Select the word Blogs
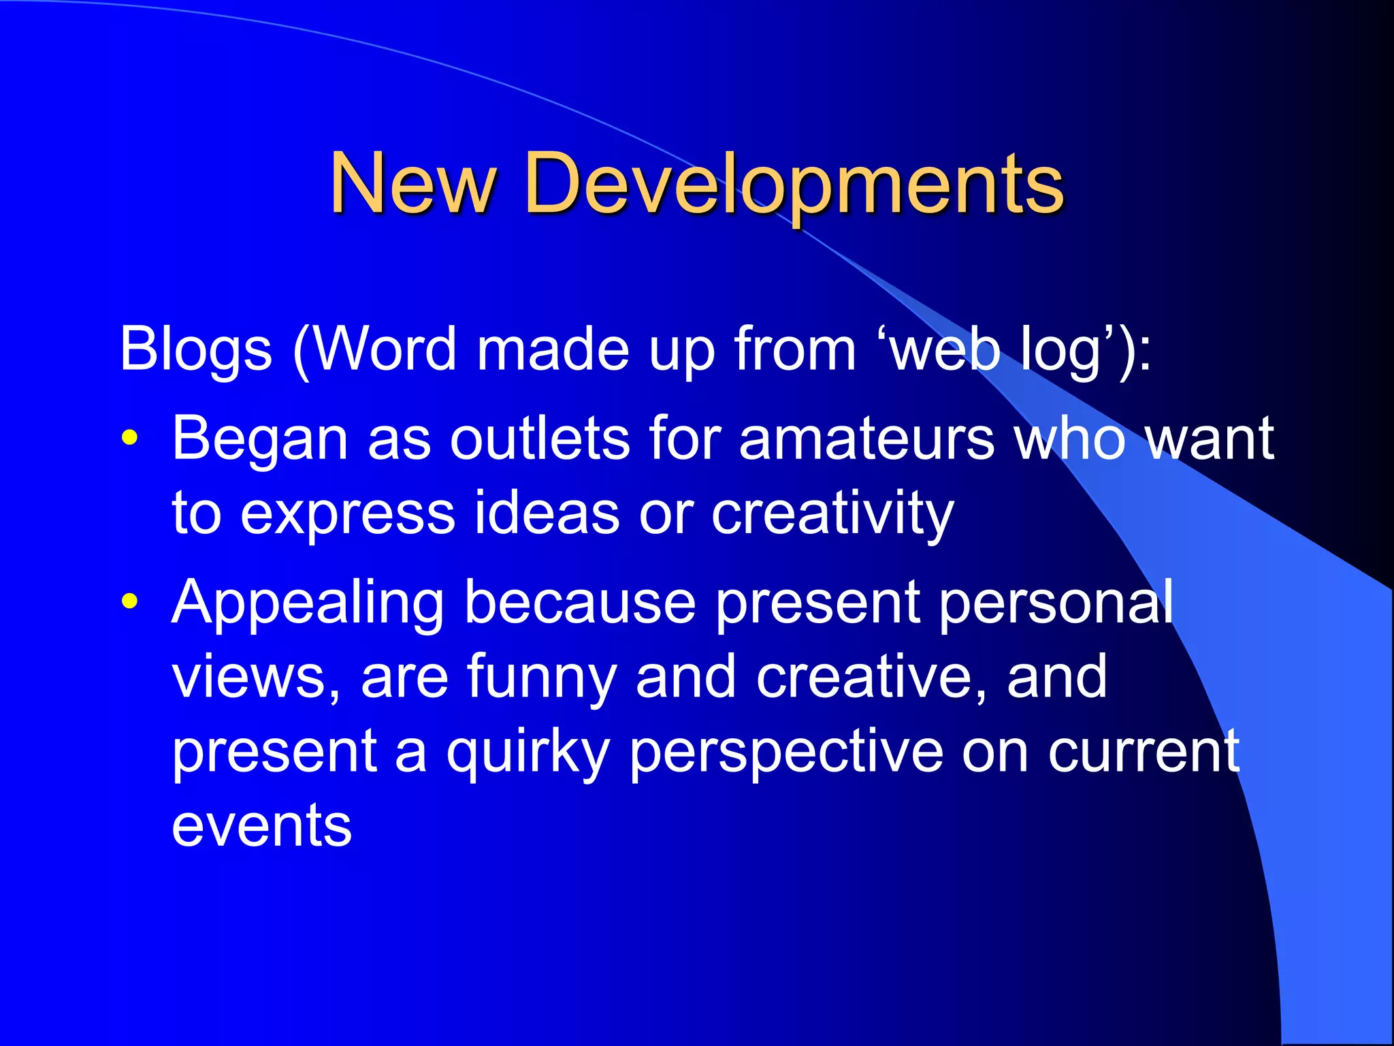(196, 349)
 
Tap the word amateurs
(866, 439)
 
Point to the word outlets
(540, 439)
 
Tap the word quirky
(528, 752)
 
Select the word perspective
(786, 752)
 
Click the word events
(262, 826)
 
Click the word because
(579, 602)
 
